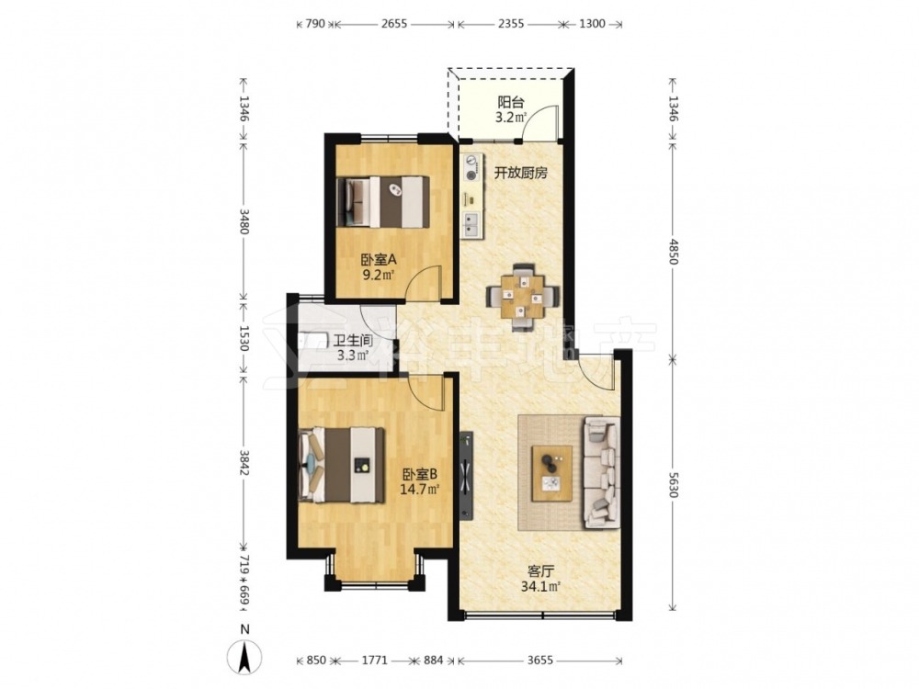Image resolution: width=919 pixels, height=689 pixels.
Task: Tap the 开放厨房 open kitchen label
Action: coord(520,173)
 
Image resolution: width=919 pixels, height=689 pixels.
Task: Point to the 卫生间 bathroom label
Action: coord(353,341)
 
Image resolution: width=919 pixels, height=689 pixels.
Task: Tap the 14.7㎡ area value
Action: coord(420,489)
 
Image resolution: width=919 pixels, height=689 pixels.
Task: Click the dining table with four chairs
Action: coord(522,297)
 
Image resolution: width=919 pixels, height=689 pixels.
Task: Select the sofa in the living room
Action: coord(601,472)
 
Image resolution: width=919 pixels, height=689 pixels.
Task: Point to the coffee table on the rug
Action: coord(551,473)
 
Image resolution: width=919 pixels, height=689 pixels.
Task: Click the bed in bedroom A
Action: coord(383,201)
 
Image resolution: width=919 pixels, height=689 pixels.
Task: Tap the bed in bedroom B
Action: coord(341,465)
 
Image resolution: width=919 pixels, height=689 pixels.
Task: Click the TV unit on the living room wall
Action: coord(466,476)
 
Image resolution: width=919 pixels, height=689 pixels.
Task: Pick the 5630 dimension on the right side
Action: coord(673,486)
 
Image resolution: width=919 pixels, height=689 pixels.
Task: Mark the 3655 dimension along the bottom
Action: coord(539,661)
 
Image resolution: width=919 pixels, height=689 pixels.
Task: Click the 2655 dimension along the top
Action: coord(394,24)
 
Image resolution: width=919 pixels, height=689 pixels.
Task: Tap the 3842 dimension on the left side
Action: coord(245,463)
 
